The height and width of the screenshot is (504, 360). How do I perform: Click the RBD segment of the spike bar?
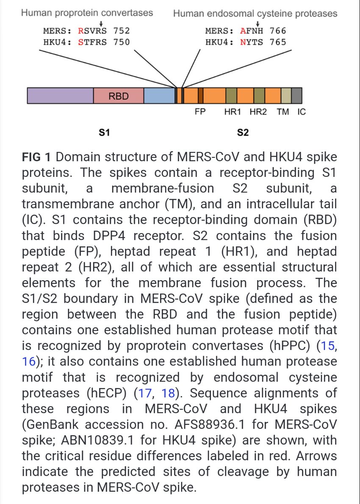(118, 96)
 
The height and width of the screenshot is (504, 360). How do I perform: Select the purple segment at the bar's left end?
(60, 96)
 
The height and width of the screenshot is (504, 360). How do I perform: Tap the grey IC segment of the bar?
(296, 96)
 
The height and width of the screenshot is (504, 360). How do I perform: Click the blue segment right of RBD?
(159, 96)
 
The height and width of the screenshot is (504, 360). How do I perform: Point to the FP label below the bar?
(200, 113)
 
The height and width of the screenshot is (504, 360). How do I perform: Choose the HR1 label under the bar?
(233, 113)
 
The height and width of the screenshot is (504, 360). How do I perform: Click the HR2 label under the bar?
(258, 113)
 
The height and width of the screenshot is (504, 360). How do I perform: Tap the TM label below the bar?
(282, 113)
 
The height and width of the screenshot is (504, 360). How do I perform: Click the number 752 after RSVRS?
(121, 31)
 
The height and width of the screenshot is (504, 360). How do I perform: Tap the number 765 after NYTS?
(278, 42)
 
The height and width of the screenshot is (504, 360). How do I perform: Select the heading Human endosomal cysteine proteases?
(255, 14)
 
